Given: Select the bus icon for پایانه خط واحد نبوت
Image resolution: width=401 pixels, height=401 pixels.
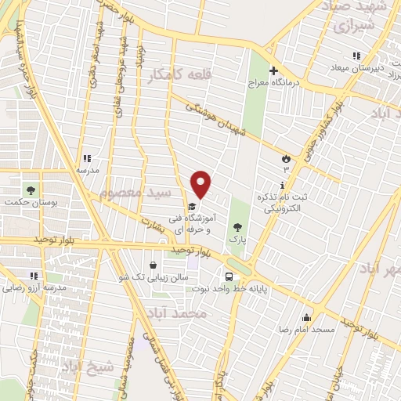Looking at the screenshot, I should pyautogui.click(x=229, y=276).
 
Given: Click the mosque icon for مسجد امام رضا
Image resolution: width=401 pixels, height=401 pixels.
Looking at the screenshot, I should pyautogui.click(x=306, y=318).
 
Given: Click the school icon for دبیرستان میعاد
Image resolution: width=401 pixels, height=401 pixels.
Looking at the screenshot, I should pyautogui.click(x=356, y=56).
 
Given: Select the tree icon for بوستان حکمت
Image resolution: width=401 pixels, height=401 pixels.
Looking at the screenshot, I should pyautogui.click(x=31, y=190).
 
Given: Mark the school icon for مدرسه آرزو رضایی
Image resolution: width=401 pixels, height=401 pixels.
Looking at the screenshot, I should pyautogui.click(x=34, y=276).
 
